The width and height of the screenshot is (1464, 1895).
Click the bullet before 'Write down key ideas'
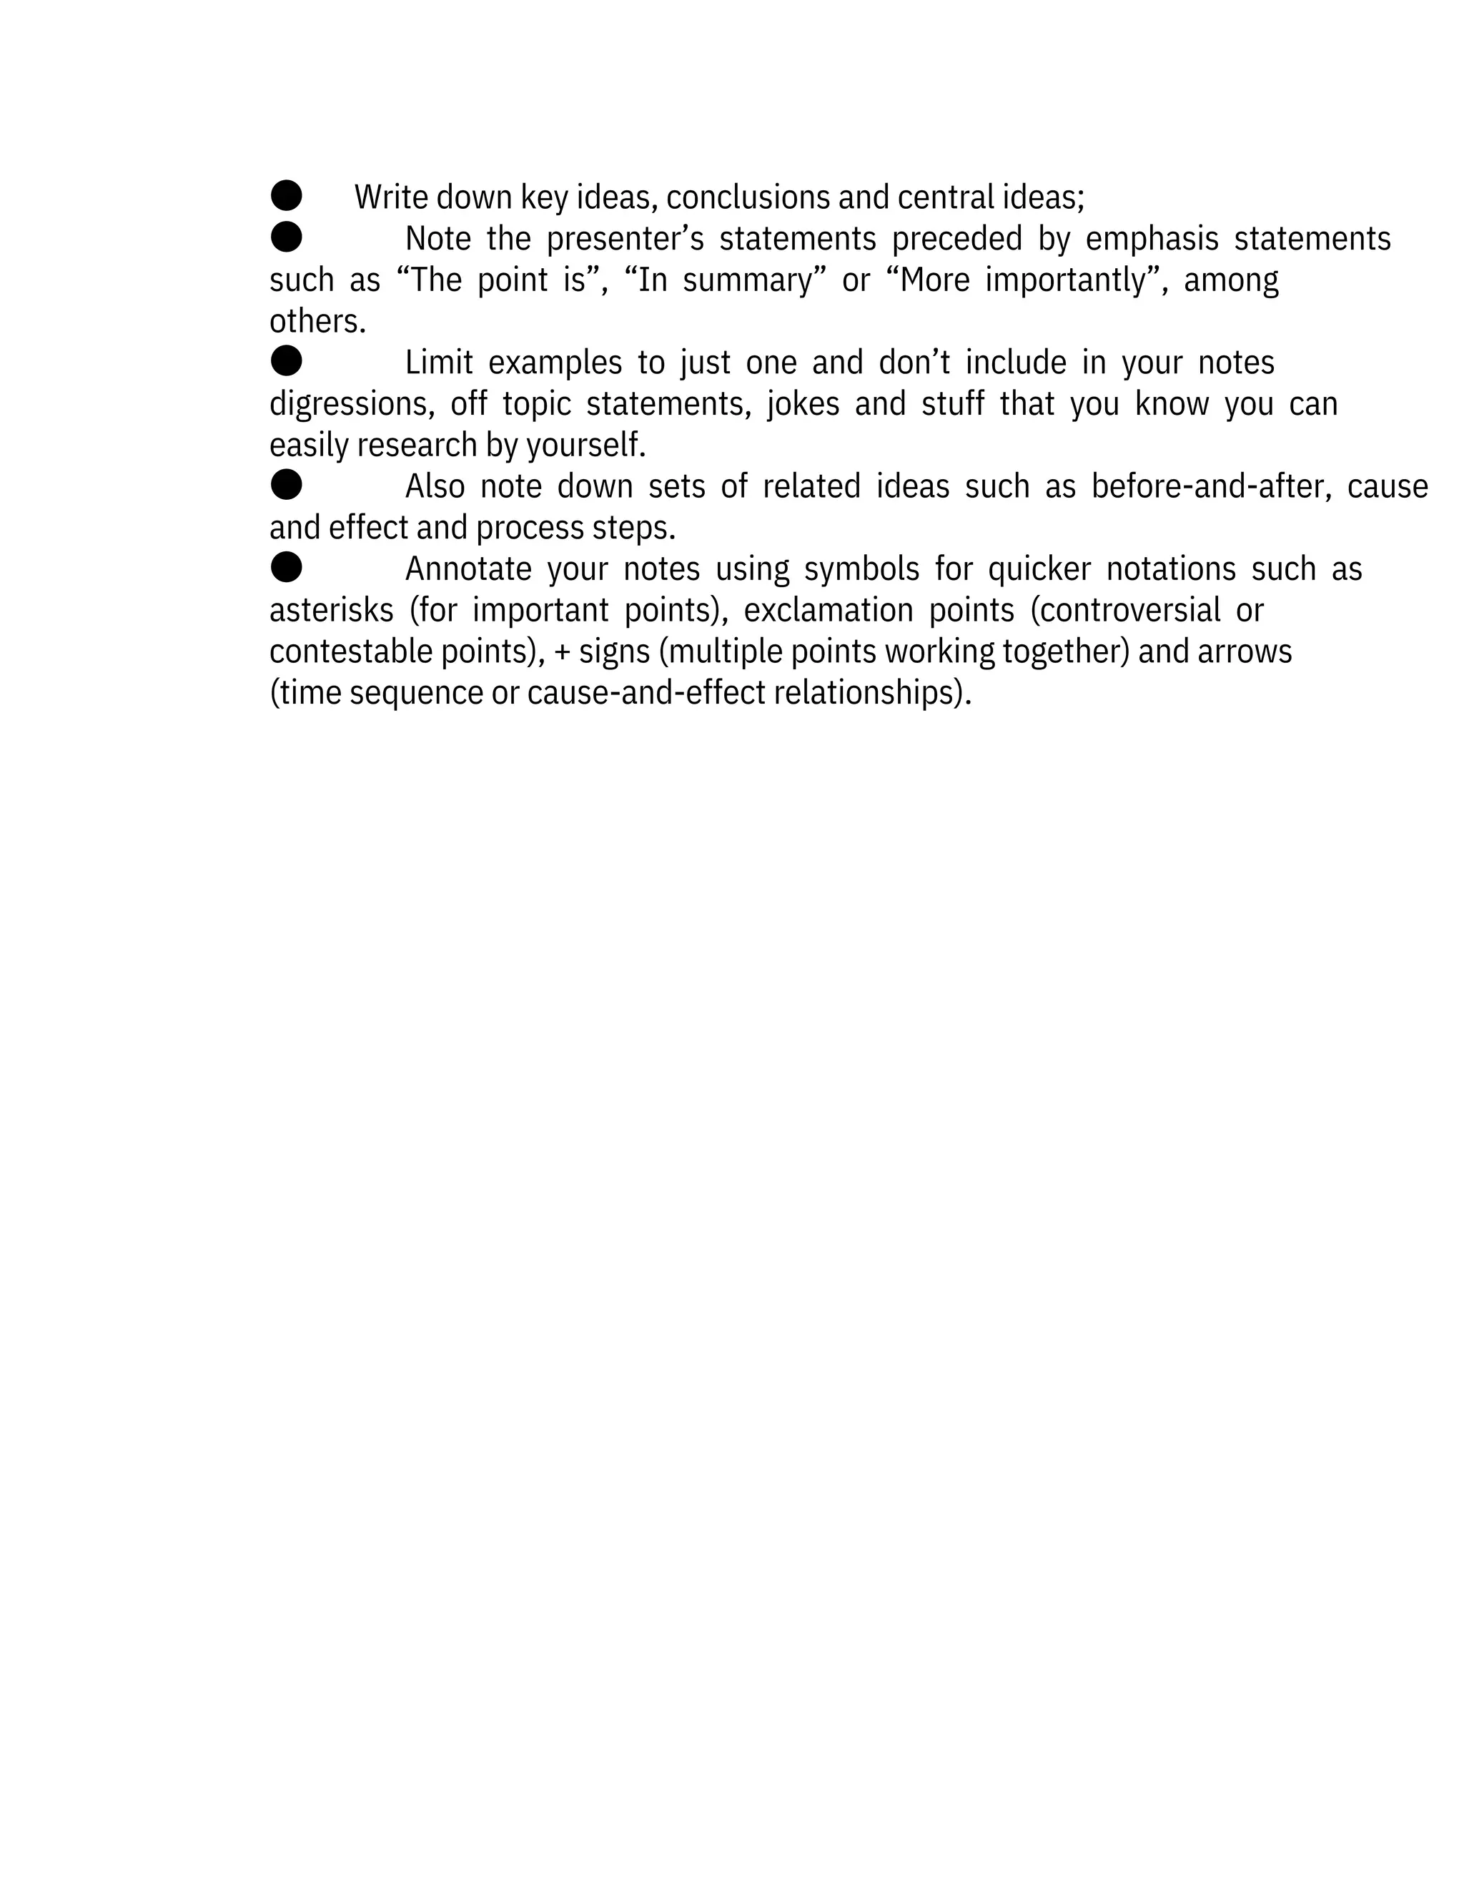[x=286, y=195]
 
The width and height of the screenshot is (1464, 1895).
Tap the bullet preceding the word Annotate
[x=286, y=568]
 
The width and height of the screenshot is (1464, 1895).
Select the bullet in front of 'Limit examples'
[x=286, y=360]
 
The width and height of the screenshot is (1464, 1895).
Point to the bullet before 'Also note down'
[x=286, y=484]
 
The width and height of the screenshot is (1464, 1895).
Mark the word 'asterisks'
[x=331, y=611]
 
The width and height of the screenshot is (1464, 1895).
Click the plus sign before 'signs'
[x=562, y=652]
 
